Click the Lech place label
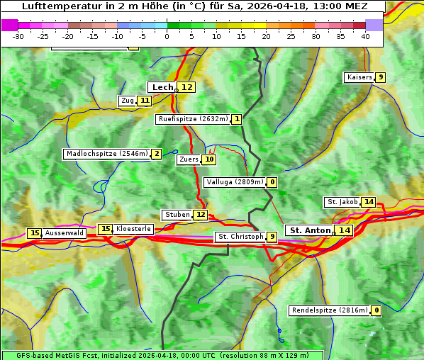(x=162, y=87)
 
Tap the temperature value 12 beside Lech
(x=186, y=87)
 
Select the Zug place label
(x=128, y=101)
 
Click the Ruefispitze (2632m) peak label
(x=193, y=119)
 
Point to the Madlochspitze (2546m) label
(x=107, y=154)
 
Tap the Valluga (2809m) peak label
(x=235, y=182)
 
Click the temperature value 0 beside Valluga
(x=272, y=182)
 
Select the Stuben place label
(x=177, y=215)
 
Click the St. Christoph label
(x=240, y=237)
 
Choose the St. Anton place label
(x=311, y=230)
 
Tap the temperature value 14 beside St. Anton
(x=344, y=230)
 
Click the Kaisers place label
(x=359, y=77)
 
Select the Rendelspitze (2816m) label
(x=330, y=310)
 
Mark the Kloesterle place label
(x=133, y=229)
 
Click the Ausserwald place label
(x=65, y=233)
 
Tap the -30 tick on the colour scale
(x=18, y=36)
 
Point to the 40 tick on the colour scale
(x=365, y=36)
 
